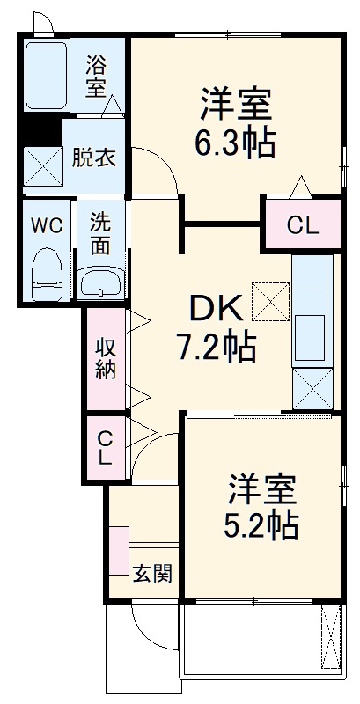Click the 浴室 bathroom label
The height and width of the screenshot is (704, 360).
96,76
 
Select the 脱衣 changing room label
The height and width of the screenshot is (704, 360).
93,160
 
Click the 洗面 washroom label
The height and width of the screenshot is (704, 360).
99,234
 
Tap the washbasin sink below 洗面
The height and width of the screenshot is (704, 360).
100,282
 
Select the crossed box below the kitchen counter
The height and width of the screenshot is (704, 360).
312,387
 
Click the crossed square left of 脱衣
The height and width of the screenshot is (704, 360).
40,164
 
